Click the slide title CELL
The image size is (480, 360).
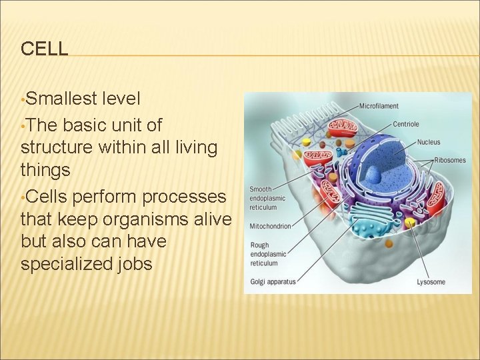tap(44, 49)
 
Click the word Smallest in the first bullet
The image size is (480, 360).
tap(61, 99)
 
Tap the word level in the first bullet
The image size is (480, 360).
tap(121, 99)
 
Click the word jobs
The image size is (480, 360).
tap(137, 264)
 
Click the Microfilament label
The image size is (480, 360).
tap(379, 106)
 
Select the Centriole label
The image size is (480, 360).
tap(405, 124)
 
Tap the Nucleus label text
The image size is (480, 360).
tap(429, 142)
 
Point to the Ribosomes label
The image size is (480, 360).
tap(449, 160)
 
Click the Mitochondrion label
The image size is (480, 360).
tap(270, 227)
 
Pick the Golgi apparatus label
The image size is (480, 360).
tap(272, 282)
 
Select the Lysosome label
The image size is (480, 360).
tap(431, 282)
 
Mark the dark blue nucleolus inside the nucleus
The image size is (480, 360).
tap(371, 175)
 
